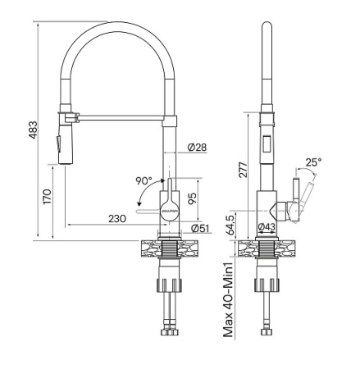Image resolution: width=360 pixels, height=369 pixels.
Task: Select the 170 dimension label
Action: click(x=48, y=198)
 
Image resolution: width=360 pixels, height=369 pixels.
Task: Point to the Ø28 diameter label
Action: click(x=197, y=147)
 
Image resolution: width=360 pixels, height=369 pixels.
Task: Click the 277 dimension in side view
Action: click(x=241, y=171)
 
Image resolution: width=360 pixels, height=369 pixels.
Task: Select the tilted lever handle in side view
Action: click(x=305, y=196)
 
